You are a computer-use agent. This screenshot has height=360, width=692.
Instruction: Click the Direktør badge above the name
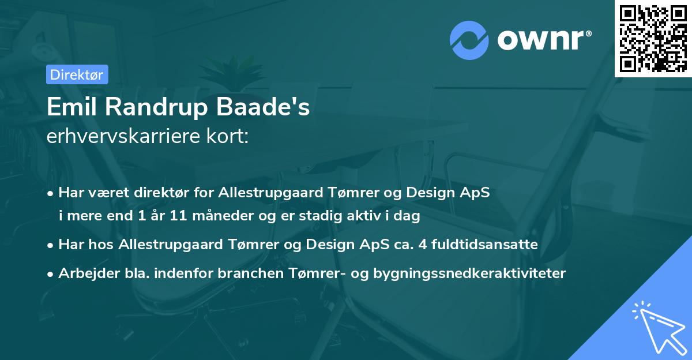pyautogui.click(x=77, y=74)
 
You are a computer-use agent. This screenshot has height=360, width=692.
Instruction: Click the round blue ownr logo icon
pyautogui.click(x=469, y=40)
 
